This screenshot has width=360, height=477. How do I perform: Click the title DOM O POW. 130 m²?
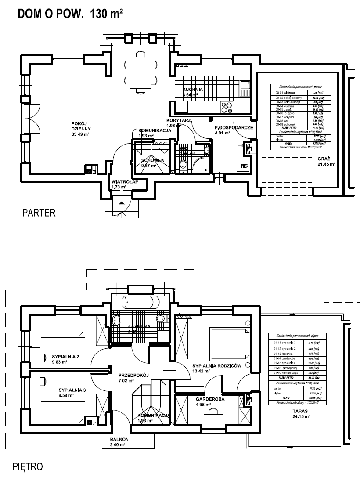click(x=69, y=14)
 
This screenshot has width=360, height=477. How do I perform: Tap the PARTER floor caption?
click(x=39, y=213)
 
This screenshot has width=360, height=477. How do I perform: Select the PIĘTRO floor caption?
click(x=28, y=465)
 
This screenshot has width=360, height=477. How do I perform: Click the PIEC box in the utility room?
click(x=244, y=165)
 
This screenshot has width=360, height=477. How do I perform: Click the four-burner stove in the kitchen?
click(x=227, y=105)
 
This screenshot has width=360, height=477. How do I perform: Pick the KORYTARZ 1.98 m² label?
click(x=178, y=123)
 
